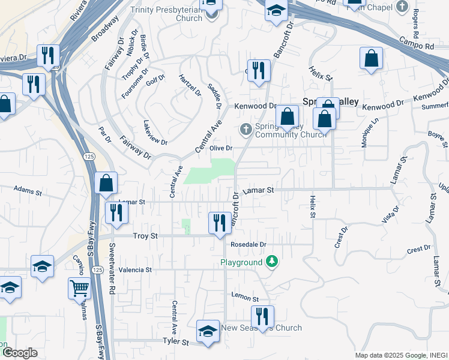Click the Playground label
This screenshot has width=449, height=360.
[x=241, y=263]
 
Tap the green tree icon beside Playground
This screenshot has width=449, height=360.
[x=272, y=262]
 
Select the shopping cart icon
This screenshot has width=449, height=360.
[x=79, y=289]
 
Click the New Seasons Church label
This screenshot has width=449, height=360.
[x=261, y=328]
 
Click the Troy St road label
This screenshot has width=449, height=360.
[x=145, y=236]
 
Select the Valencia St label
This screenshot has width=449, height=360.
[x=135, y=270]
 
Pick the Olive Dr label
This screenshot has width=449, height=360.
[x=220, y=148]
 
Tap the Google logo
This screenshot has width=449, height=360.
[x=19, y=352]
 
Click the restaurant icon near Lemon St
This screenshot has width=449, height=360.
[x=262, y=316]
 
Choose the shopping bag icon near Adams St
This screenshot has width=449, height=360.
[x=106, y=183]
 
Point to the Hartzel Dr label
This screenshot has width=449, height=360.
[x=190, y=85]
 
